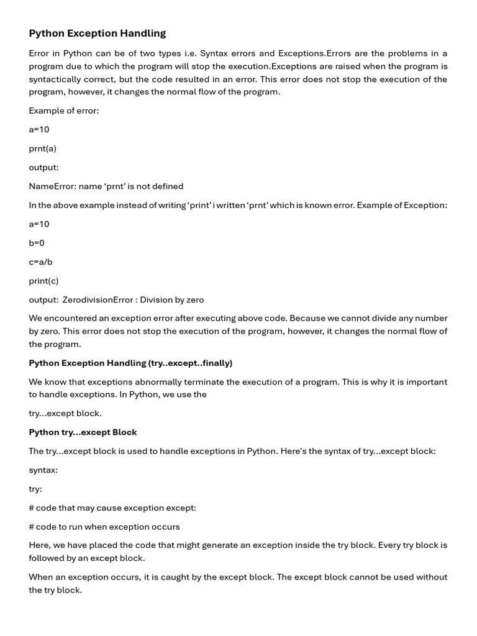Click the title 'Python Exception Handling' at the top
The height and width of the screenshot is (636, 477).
point(98,34)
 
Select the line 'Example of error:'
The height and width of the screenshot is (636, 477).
point(64,111)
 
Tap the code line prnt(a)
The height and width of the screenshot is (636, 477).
point(42,148)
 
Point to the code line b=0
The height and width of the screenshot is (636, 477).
point(37,243)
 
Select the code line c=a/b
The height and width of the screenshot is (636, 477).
point(40,262)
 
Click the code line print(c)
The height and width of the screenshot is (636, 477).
point(43,281)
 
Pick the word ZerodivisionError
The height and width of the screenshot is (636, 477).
point(98,300)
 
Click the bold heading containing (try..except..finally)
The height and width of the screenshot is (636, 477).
point(130,363)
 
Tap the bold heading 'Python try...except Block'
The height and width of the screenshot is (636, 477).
point(83,432)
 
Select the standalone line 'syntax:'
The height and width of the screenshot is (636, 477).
point(43,470)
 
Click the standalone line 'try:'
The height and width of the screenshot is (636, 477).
point(35,489)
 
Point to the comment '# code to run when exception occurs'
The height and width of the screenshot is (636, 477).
point(104,527)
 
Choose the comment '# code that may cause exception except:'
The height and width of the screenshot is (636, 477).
point(112,508)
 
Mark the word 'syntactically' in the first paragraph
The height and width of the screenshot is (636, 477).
point(55,79)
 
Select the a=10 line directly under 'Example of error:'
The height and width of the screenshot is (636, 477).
point(39,129)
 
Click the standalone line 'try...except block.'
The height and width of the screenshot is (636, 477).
point(65,413)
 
